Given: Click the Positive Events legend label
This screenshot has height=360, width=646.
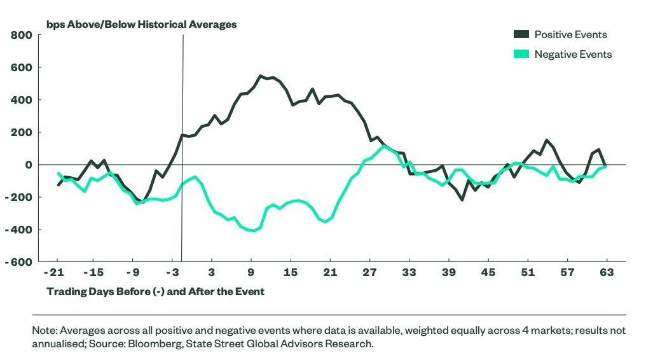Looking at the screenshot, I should click(x=570, y=34).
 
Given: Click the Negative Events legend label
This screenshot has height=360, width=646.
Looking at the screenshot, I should click(x=573, y=54).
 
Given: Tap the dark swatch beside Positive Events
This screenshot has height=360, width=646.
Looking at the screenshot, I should click(x=521, y=34).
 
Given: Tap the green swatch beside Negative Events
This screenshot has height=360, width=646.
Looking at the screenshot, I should click(x=521, y=54).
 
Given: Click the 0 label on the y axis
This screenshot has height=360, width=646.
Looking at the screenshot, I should click(x=27, y=165).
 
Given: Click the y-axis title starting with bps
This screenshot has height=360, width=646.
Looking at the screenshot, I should click(x=141, y=24).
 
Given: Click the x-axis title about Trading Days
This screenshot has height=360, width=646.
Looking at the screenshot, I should click(x=156, y=291).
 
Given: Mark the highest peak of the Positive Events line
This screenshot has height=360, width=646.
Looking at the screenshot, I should click(x=261, y=76).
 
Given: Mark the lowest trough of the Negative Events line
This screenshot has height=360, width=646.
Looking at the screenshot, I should click(x=254, y=231).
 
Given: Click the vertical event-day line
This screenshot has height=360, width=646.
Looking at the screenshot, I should click(x=182, y=95).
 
